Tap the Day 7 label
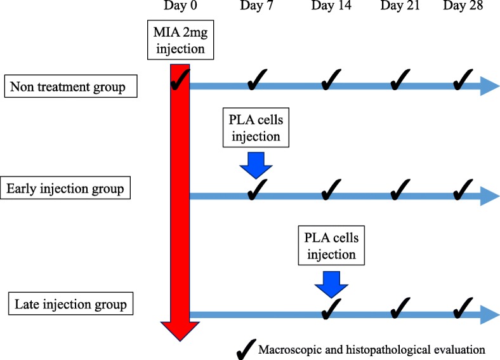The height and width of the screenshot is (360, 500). tap(256, 7)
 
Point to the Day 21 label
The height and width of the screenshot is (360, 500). tap(401, 7)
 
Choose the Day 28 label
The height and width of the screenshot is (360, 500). tap(463, 7)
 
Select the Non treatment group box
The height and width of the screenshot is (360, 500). tap(70, 86)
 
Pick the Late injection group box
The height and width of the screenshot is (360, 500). tap(71, 304)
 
